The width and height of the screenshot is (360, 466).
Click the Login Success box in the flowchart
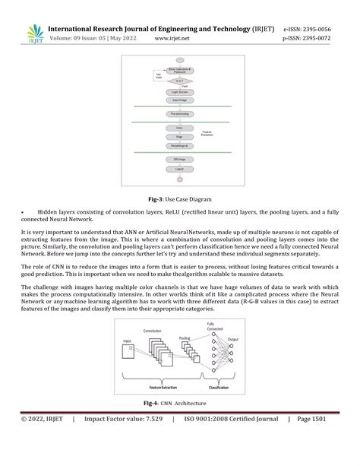(180, 90)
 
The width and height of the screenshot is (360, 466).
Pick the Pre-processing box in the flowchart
(180, 113)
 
